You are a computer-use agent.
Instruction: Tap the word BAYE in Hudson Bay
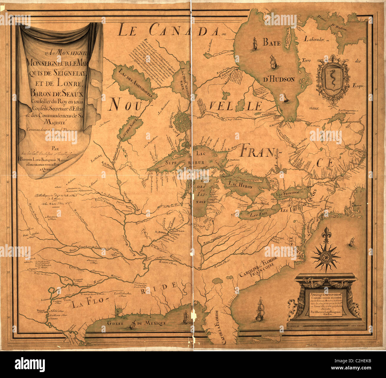pos(271,43)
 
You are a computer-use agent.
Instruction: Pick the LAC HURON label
pos(241,186)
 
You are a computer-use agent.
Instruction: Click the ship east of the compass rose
pos(352,242)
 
